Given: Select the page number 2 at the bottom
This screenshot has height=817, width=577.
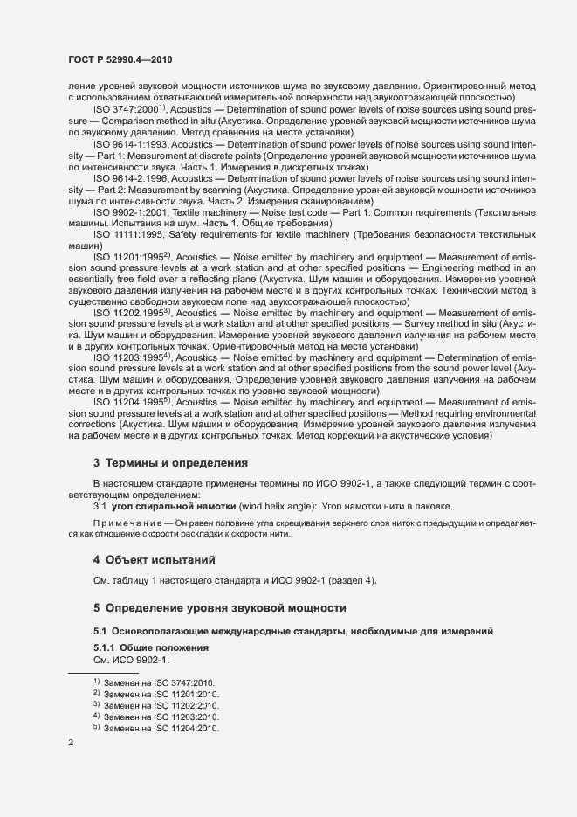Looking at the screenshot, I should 71,744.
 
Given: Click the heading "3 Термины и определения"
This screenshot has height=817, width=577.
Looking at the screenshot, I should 170,462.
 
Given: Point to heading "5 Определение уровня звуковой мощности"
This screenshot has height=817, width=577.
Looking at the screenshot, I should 220,607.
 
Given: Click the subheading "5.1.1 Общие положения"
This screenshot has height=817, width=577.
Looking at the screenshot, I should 151,647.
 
